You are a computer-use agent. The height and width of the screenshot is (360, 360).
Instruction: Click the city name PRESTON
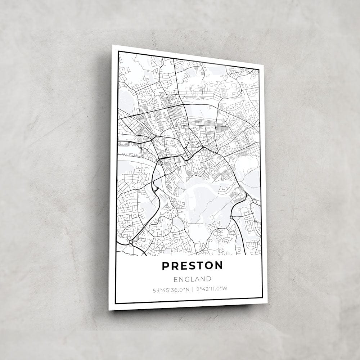[x=192, y=266]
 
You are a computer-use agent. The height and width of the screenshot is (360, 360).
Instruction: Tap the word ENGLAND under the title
[x=192, y=279]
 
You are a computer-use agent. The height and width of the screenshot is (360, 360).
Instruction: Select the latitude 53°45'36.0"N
[x=171, y=289]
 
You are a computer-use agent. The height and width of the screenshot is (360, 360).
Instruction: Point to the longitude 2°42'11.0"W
[x=212, y=289]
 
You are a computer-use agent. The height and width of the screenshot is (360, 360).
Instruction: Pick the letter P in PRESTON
[x=165, y=266]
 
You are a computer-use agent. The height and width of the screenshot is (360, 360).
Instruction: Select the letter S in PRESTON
[x=192, y=266]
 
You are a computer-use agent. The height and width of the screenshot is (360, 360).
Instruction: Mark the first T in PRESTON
[x=200, y=266]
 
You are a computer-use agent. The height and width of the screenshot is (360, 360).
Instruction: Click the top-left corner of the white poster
[x=113, y=45]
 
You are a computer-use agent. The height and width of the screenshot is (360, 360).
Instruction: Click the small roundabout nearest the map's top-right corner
[x=250, y=73]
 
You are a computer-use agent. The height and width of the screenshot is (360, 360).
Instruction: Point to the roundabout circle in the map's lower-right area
[x=231, y=217]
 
